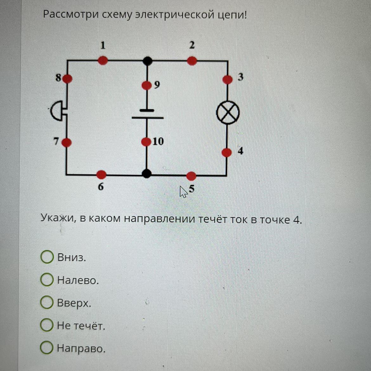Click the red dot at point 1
[x=103, y=60]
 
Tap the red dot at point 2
[x=192, y=61]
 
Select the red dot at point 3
[x=228, y=79]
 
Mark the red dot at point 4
[x=227, y=153]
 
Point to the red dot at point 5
[x=191, y=176]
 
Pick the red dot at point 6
[x=101, y=174]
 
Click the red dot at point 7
[x=67, y=142]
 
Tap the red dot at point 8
[x=68, y=78]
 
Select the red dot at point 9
[x=146, y=85]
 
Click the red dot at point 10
[x=146, y=142]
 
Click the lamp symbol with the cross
[x=228, y=113]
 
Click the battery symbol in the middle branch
[x=147, y=114]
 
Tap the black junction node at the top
[x=147, y=61]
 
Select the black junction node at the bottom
[x=146, y=173]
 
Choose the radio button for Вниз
[x=47, y=257]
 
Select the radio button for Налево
[x=47, y=280]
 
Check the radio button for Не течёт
[x=47, y=325]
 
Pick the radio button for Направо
[x=47, y=348]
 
